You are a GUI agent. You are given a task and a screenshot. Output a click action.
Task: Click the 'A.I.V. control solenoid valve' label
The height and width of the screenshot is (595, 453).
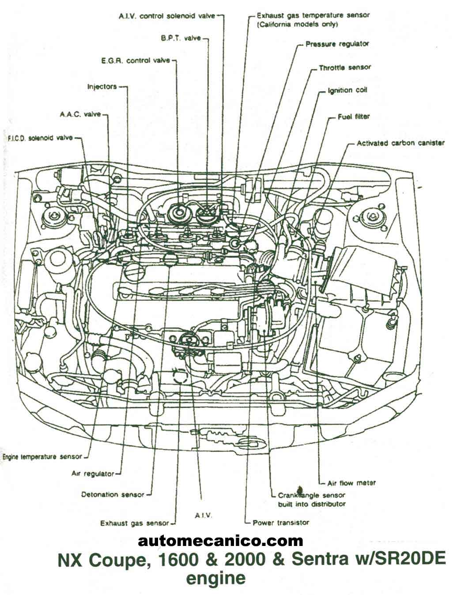coord(167,16)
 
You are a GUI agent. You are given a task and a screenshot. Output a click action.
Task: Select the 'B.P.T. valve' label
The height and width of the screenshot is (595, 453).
coord(181,38)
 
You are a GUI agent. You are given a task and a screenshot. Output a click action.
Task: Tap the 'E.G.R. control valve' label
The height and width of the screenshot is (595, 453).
coord(136,61)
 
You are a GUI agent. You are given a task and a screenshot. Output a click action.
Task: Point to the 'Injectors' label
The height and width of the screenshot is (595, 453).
coord(102,87)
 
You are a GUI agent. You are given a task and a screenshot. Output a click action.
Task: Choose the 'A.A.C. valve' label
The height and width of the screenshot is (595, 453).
coord(80,114)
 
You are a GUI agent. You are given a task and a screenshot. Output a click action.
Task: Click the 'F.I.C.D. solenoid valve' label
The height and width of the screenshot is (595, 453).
coord(40,138)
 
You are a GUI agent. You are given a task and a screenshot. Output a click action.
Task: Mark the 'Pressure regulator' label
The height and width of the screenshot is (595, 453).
coord(337,44)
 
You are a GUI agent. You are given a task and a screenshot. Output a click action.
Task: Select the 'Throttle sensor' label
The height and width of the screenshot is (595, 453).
coord(344,68)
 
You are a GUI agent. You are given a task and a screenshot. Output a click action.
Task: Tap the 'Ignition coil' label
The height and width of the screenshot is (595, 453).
coord(347,90)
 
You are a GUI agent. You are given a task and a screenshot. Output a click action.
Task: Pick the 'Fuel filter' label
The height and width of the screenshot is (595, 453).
coord(353,117)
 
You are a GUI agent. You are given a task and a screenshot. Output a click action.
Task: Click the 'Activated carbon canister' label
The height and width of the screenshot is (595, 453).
coord(400,143)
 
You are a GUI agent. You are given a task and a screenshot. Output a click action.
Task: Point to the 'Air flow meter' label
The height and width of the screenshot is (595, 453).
coord(351,483)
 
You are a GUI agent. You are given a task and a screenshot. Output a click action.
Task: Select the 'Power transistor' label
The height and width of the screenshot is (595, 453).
coord(281,523)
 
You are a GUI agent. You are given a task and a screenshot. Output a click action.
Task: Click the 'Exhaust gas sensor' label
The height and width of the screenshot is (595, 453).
coord(134,523)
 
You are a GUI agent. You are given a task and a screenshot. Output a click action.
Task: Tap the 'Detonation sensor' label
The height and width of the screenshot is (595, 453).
coord(113,495)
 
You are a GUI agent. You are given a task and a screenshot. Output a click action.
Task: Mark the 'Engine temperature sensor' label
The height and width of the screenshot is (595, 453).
coord(42,456)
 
